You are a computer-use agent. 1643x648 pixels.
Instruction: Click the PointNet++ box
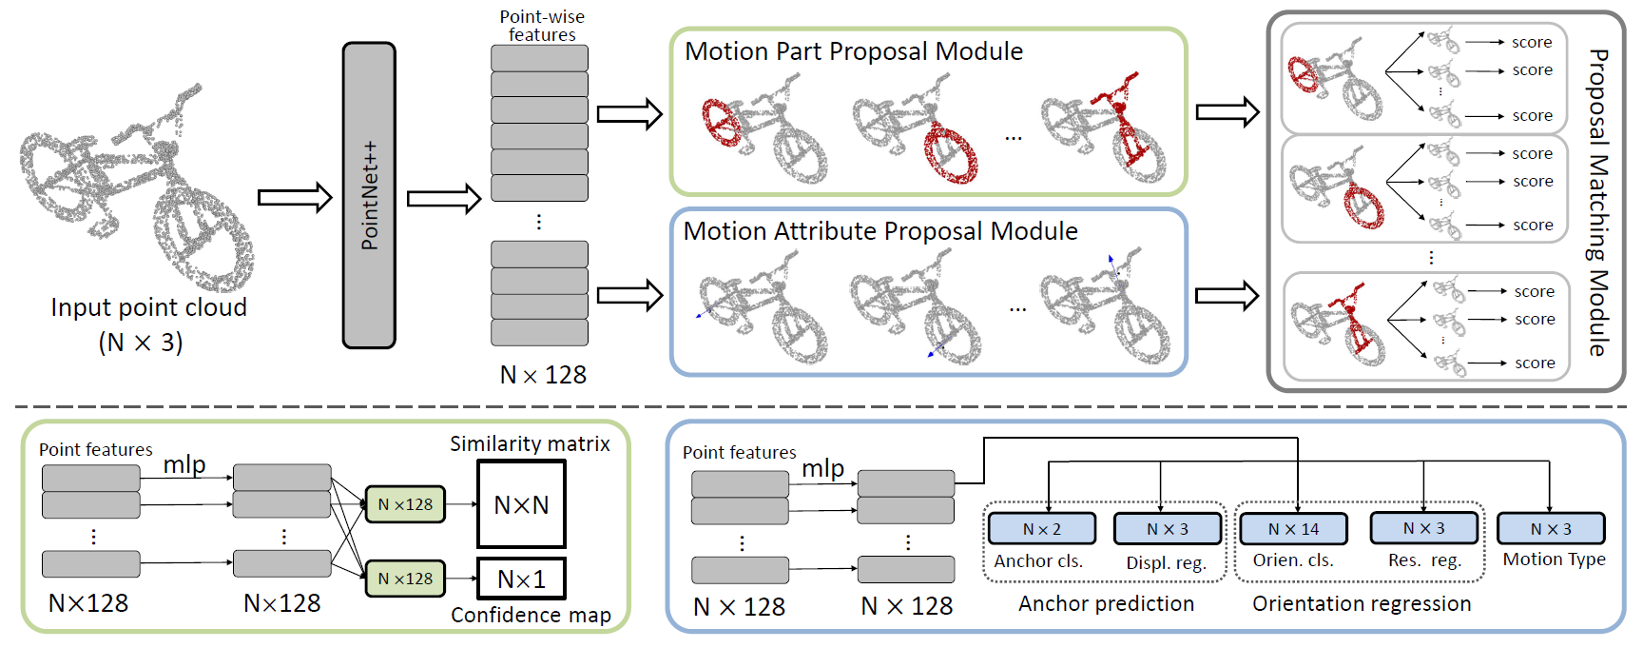[369, 195]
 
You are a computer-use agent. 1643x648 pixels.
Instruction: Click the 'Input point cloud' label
[148, 307]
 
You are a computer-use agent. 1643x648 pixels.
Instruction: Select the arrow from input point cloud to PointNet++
[295, 198]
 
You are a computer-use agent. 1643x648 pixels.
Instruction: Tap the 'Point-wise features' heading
[542, 26]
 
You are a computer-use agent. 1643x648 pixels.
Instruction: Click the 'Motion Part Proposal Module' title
[854, 51]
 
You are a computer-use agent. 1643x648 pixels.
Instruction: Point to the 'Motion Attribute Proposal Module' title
[880, 231]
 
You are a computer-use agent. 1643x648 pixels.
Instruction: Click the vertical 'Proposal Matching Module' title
[1598, 202]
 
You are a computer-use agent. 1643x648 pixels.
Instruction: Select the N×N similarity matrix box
[521, 504]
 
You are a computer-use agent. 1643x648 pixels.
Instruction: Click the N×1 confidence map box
[521, 579]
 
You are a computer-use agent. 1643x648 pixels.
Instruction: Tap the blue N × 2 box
[1042, 529]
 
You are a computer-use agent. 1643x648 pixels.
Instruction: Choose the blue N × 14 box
[1293, 529]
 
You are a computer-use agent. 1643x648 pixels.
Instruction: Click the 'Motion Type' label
[1554, 560]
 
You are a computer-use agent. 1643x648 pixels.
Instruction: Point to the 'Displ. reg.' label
[1166, 562]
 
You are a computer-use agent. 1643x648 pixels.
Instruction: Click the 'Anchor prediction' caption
[1106, 603]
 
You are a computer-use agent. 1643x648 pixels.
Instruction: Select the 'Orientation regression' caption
[1362, 603]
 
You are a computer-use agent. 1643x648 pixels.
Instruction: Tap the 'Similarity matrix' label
[530, 443]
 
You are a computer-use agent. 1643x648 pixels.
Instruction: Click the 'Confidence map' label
[531, 615]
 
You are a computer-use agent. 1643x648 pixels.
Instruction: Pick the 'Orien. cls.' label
[1293, 560]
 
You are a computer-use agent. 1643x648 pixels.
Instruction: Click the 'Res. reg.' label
[1423, 560]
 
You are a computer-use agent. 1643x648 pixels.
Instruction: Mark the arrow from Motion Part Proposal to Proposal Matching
[1227, 112]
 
